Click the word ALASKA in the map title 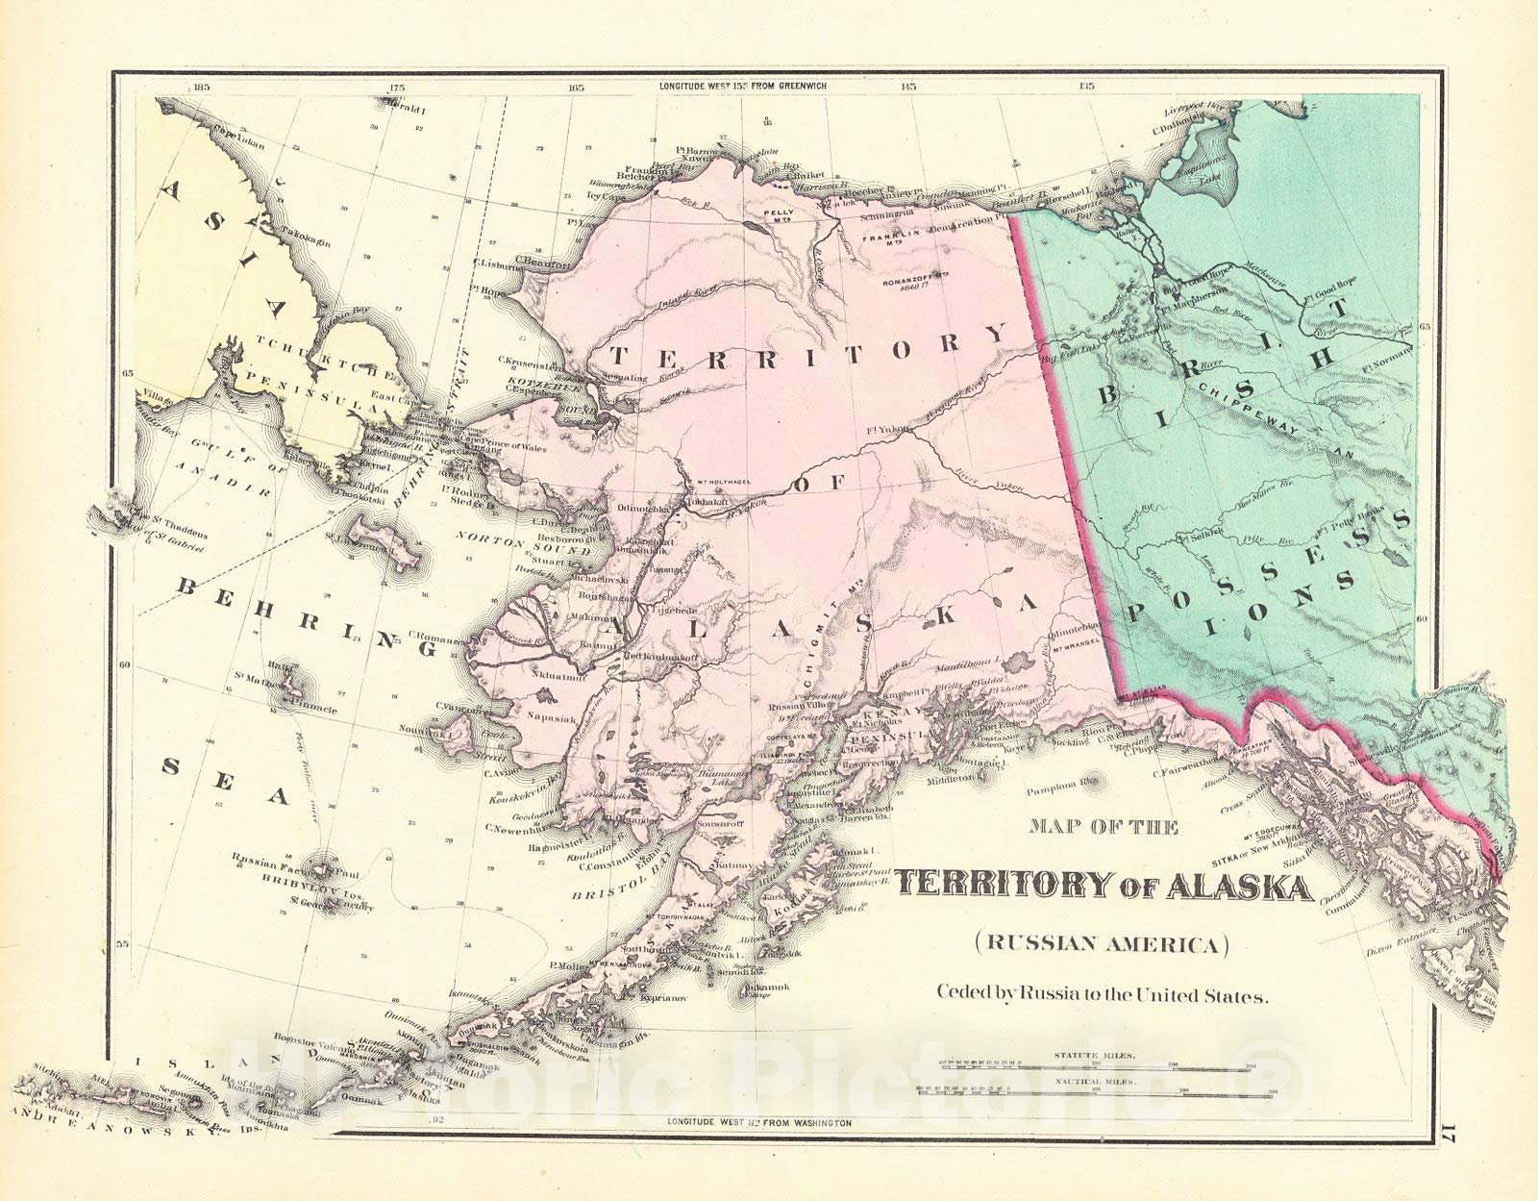(1239, 887)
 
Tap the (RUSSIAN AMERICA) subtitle (1103, 943)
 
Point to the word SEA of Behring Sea (225, 780)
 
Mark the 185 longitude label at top (200, 87)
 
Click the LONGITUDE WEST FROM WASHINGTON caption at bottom (759, 1122)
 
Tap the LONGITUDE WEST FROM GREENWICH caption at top (742, 86)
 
